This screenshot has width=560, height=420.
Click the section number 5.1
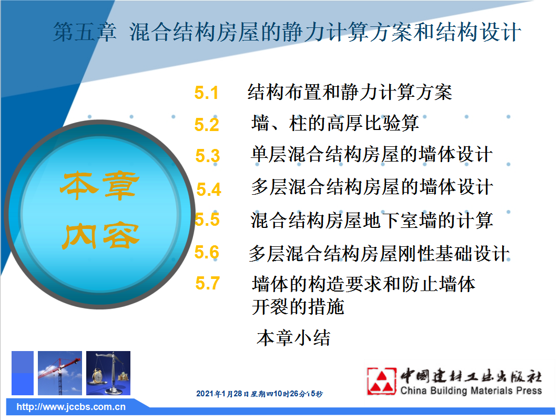[x=206, y=93]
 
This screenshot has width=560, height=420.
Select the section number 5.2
[x=207, y=125]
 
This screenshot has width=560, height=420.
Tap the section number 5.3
[x=208, y=156]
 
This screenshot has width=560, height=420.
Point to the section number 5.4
[x=209, y=189]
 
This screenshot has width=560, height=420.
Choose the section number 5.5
[x=207, y=219]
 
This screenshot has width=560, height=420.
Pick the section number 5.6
[x=207, y=252]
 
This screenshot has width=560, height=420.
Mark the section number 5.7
[x=208, y=283]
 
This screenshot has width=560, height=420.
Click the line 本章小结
[x=293, y=338]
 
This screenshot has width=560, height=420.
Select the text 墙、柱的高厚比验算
[x=335, y=123]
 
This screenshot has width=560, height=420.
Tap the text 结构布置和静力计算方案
[x=350, y=92]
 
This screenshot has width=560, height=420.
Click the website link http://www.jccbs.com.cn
[x=71, y=407]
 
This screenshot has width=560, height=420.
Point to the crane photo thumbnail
[x=59, y=373]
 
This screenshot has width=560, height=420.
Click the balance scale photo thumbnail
[x=108, y=373]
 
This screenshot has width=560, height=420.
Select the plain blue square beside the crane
[x=23, y=373]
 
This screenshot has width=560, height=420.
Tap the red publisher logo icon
[x=381, y=381]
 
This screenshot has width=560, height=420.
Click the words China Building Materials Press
[x=471, y=391]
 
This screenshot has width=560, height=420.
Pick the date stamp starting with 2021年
[x=259, y=394]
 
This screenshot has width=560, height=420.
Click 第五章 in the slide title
[x=85, y=32]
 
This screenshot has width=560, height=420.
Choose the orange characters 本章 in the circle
[x=99, y=186]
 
